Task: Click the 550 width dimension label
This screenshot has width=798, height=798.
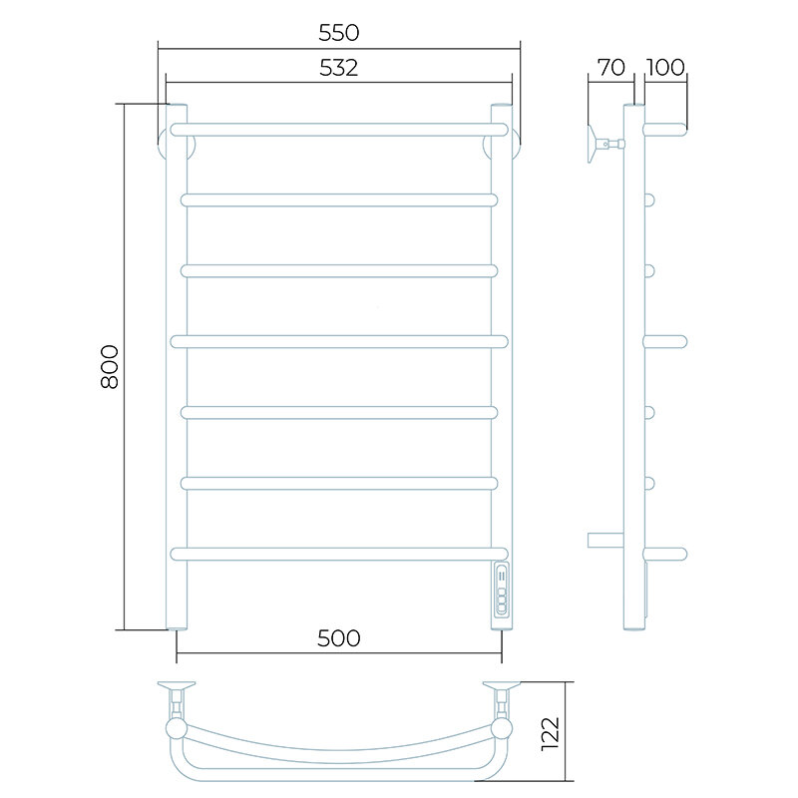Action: point(339,33)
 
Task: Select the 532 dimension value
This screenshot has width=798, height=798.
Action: point(339,68)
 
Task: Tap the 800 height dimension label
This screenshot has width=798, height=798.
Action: point(110,367)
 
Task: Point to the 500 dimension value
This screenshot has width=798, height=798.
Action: point(339,638)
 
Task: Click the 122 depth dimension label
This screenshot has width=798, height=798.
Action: point(551,733)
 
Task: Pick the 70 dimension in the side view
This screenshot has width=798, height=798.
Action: point(611,68)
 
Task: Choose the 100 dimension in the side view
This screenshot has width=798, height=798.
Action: point(665,68)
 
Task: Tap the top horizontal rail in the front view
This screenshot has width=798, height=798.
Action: point(339,130)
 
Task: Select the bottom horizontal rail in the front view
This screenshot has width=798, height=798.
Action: point(339,554)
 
